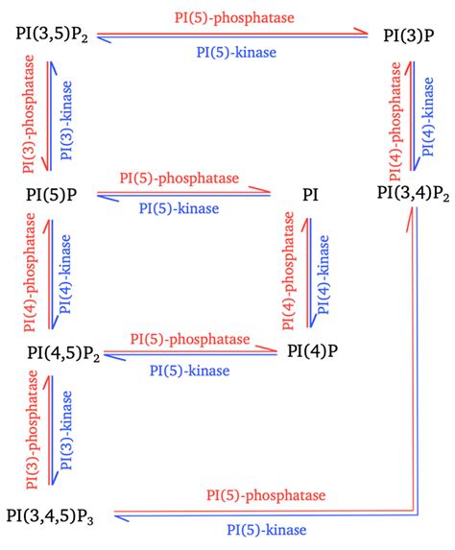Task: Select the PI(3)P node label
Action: click(406, 35)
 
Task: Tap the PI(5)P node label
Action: click(53, 195)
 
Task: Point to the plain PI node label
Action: click(311, 196)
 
